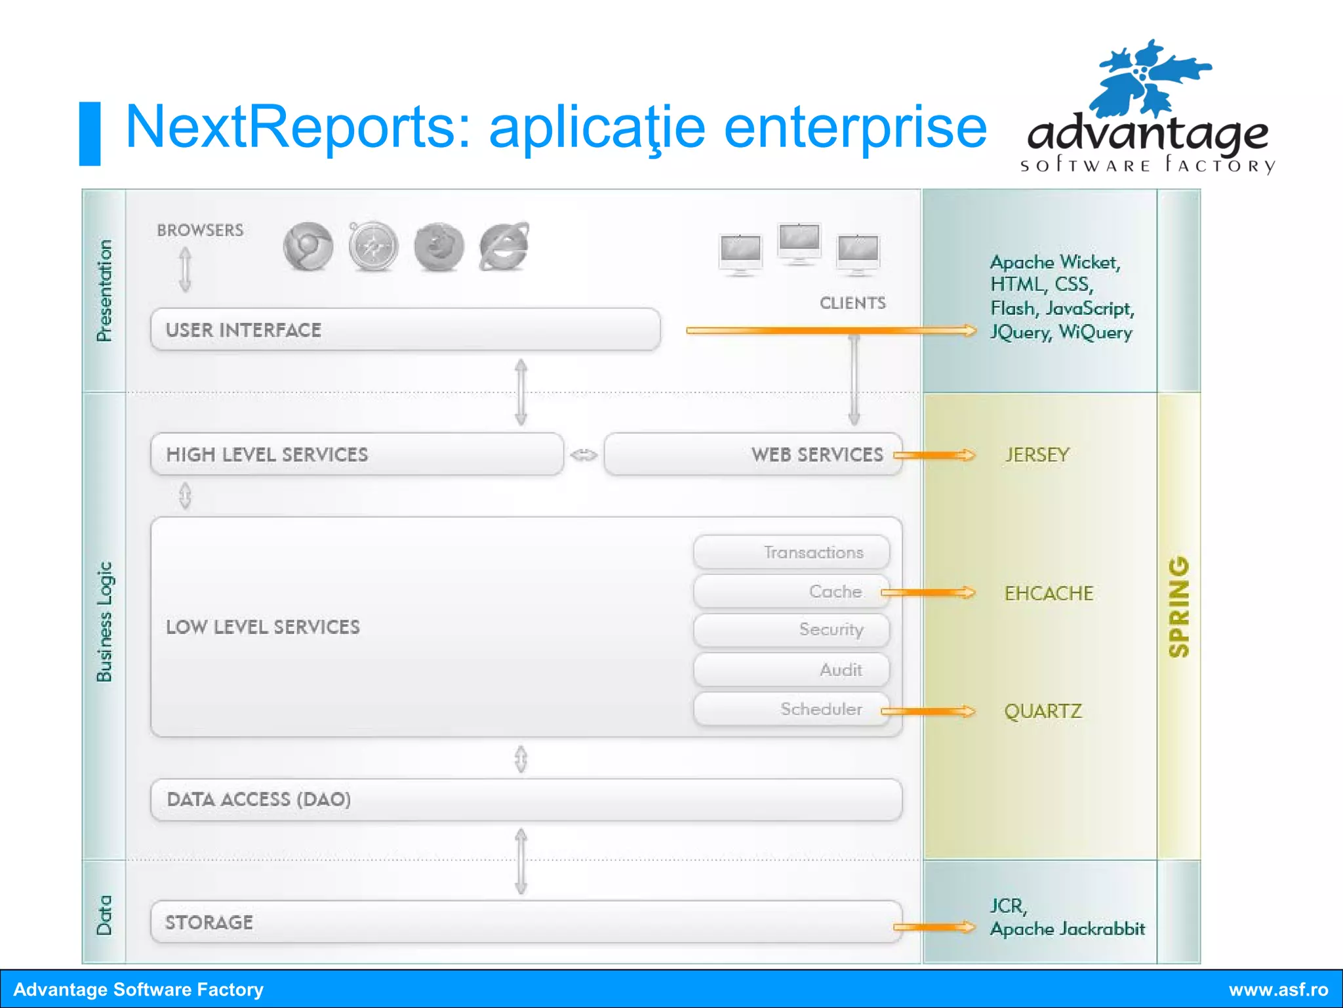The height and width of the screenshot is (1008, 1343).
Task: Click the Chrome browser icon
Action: (308, 247)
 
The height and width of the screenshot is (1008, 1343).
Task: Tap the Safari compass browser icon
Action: (373, 247)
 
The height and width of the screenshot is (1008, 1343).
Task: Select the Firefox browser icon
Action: (439, 247)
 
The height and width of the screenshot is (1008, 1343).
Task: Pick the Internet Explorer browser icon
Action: (504, 247)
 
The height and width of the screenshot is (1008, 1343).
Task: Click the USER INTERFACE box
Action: (405, 329)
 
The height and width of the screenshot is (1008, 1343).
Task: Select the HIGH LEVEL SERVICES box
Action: (357, 454)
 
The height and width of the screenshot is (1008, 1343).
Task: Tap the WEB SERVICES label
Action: (816, 454)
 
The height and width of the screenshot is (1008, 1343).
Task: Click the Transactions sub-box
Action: (792, 552)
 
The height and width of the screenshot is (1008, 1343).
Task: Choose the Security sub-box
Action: (792, 629)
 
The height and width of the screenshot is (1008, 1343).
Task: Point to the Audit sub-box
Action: (792, 669)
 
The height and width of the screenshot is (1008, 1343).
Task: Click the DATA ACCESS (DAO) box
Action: (526, 799)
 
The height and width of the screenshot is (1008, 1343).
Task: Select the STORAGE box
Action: (526, 922)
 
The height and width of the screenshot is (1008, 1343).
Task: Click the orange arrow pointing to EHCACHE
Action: (927, 593)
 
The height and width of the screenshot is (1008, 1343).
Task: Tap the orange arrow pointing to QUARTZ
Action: (927, 711)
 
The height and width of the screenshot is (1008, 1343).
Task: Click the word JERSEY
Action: (1037, 455)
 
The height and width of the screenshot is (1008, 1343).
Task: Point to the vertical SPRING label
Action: (1179, 607)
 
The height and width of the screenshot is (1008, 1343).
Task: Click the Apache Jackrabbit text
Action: (1068, 929)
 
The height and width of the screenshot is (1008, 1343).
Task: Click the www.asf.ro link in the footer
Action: (1278, 989)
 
